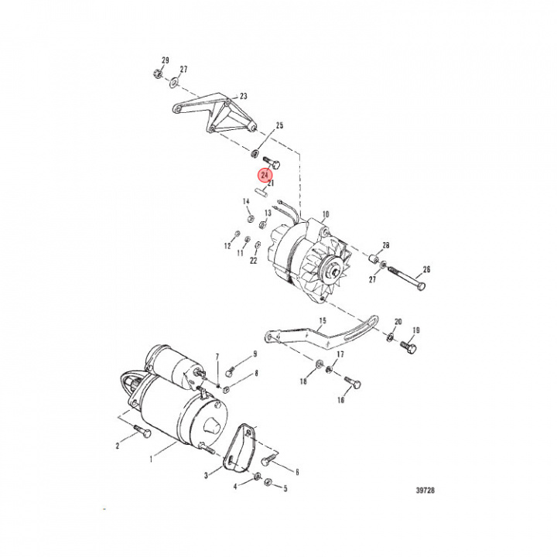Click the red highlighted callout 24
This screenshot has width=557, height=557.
point(265,176)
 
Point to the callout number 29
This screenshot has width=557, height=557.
point(165,60)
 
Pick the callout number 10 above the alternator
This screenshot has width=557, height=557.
point(325,214)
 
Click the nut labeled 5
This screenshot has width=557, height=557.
point(268,484)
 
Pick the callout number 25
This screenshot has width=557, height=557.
point(279,125)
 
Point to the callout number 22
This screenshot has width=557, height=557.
point(253,261)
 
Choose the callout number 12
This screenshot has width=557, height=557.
point(228,246)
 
